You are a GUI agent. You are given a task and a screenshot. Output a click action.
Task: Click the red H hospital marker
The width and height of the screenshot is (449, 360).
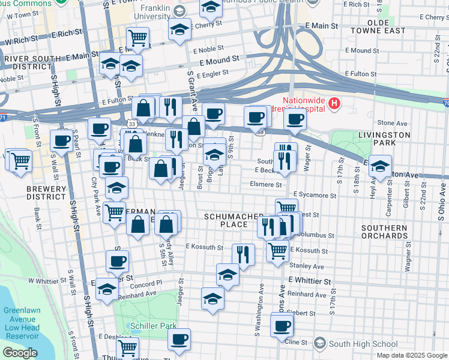point(334,104)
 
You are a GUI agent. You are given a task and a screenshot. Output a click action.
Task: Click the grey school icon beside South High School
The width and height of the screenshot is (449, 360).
point(320,343)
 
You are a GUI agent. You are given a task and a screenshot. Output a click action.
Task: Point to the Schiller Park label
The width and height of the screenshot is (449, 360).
point(154,326)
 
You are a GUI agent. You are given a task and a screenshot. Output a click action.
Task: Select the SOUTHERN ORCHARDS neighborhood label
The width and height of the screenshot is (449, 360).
point(384,232)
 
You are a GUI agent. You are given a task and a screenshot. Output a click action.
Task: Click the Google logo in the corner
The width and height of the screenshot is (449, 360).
point(20,352)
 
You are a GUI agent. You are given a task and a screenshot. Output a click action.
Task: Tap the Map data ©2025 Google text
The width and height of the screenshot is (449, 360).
point(411,355)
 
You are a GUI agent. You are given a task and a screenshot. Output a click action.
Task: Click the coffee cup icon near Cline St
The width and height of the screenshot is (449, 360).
point(282,326)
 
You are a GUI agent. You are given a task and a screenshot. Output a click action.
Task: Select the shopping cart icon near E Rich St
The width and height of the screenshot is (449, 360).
point(137,38)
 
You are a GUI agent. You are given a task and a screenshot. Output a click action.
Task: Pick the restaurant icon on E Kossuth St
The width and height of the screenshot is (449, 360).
point(243,254)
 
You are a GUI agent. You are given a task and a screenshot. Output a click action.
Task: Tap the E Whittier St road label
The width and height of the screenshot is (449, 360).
point(310,281)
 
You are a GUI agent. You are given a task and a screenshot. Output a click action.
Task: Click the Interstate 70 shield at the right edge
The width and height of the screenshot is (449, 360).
point(445,104)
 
